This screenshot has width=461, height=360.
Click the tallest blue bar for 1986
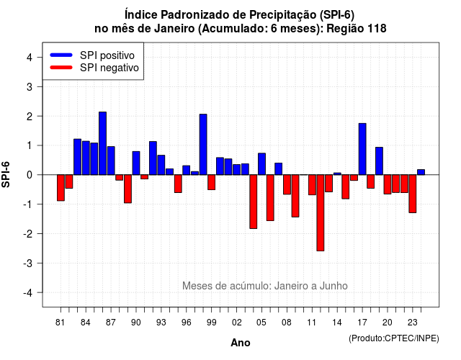click(102, 143)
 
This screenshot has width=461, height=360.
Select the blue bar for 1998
click(203, 145)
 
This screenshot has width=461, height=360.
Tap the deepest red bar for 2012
click(321, 213)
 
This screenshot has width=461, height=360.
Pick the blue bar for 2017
click(362, 149)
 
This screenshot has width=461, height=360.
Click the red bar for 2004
click(254, 202)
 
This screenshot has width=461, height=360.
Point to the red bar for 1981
click(61, 188)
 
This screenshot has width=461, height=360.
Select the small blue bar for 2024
click(421, 172)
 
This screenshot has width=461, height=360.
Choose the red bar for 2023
click(413, 194)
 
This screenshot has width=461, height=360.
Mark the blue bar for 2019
click(380, 161)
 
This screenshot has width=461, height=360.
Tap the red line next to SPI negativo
click(61, 68)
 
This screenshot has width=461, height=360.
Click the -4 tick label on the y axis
click(28, 293)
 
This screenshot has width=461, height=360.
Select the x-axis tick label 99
click(211, 323)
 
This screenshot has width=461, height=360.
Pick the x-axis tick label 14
click(337, 323)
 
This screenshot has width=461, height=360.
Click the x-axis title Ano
click(241, 343)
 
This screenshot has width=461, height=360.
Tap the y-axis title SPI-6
click(6, 174)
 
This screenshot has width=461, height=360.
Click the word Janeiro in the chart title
click(174, 29)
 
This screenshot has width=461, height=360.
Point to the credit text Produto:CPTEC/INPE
click(394, 338)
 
